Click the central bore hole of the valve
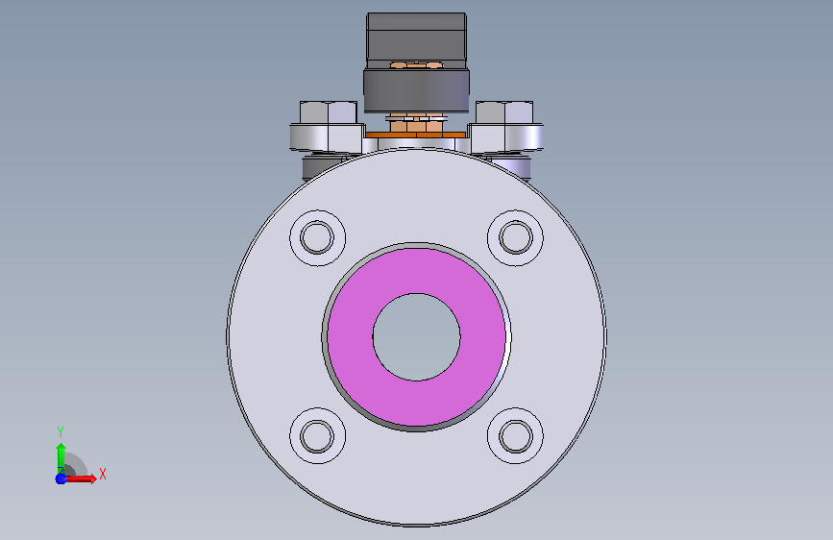(x=417, y=337)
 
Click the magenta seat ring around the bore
(x=417, y=271)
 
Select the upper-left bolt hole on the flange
(x=317, y=237)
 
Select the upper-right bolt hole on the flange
(x=515, y=237)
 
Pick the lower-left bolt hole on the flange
(x=317, y=436)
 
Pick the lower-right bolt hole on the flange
(x=515, y=436)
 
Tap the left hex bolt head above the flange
(x=329, y=112)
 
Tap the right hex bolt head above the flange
(x=504, y=112)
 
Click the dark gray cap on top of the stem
(x=417, y=38)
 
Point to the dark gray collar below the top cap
(x=417, y=91)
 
